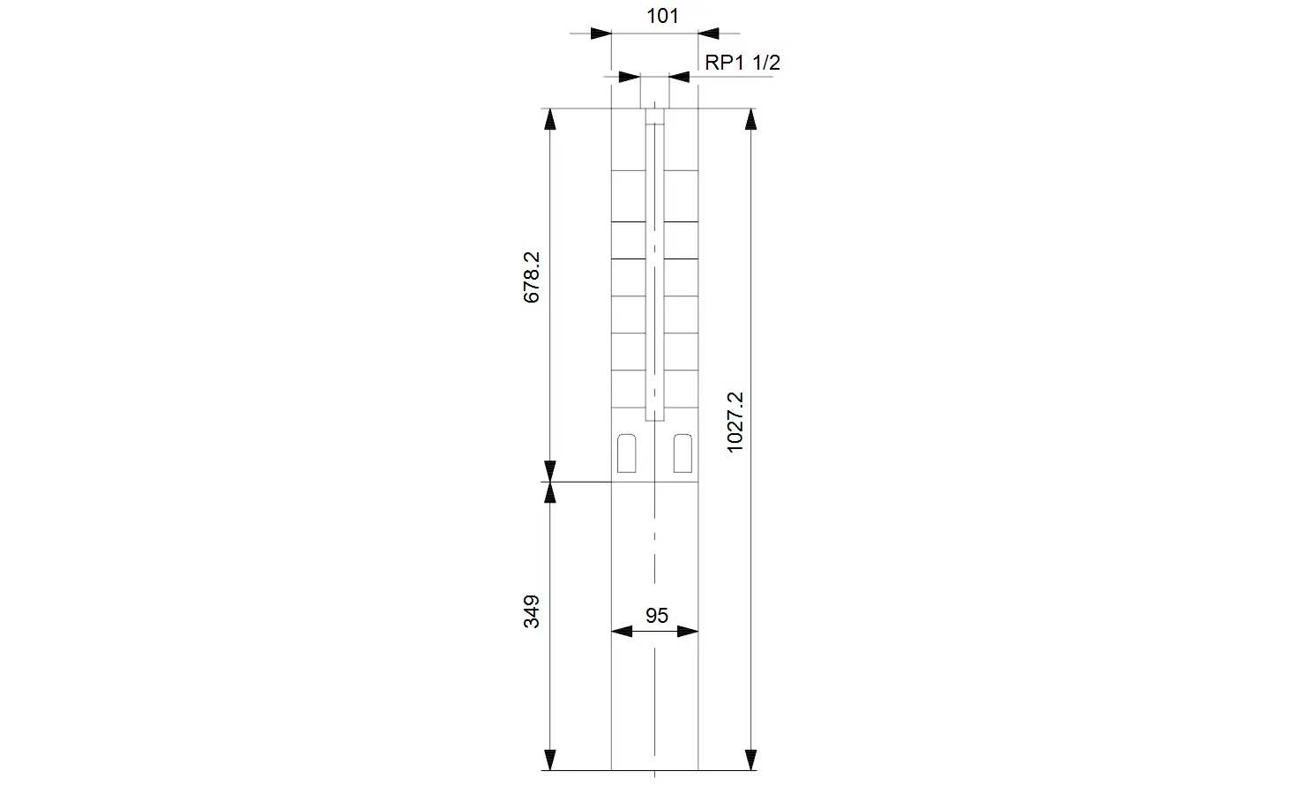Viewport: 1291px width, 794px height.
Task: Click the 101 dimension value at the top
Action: (662, 16)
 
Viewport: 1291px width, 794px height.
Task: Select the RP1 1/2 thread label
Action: (743, 63)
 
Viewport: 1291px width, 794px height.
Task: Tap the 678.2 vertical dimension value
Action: (532, 277)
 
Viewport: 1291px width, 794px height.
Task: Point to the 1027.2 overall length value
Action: (735, 422)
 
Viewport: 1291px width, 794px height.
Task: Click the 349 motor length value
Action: (532, 611)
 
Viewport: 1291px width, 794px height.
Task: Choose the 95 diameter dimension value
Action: (656, 616)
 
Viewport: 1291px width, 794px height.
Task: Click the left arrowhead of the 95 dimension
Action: (622, 632)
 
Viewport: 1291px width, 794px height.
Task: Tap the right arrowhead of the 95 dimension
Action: (688, 632)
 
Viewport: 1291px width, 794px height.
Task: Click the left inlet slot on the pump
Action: (626, 453)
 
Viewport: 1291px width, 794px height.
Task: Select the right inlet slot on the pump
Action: (683, 453)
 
